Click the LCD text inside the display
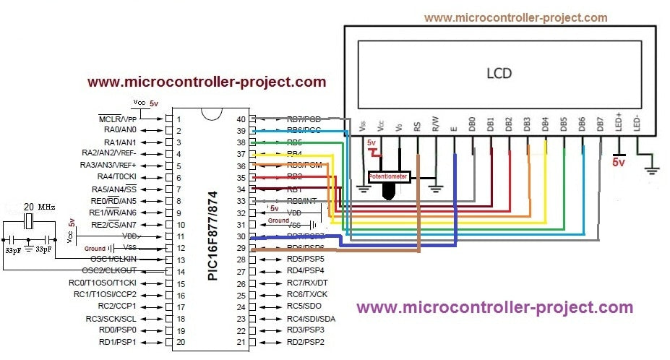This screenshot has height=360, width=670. pos(499,73)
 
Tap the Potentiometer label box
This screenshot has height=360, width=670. pos(389,176)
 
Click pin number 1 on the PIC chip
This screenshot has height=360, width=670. pos(180,119)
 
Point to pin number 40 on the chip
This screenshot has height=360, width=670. pos(242,119)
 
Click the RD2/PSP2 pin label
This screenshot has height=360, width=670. pos(305,342)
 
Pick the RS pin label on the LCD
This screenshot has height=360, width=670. pos(417,125)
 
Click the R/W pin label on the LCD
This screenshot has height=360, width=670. pos(435,125)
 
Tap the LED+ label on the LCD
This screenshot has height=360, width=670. pos(619,123)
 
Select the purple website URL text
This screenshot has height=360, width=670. pos(495,307)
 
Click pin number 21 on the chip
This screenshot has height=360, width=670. pos(242,342)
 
